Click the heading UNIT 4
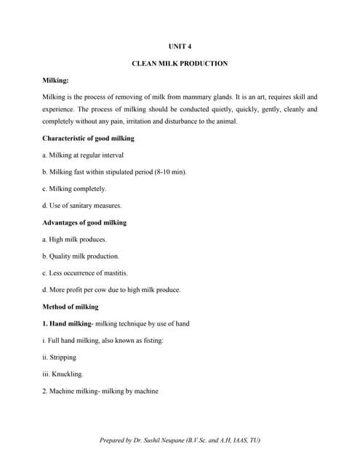(x=180, y=46)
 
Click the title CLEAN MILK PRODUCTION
(x=180, y=63)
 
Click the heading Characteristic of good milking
(x=88, y=138)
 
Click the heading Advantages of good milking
(x=84, y=222)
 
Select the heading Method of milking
(x=71, y=307)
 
